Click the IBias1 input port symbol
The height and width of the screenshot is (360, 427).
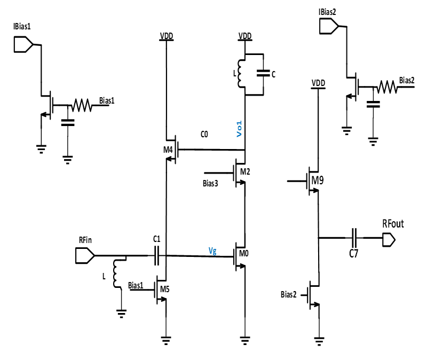tap(23, 45)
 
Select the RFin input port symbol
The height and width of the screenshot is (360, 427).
tap(84, 256)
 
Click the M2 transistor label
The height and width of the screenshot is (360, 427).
tap(245, 172)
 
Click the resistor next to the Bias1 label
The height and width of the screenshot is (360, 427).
tap(82, 105)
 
